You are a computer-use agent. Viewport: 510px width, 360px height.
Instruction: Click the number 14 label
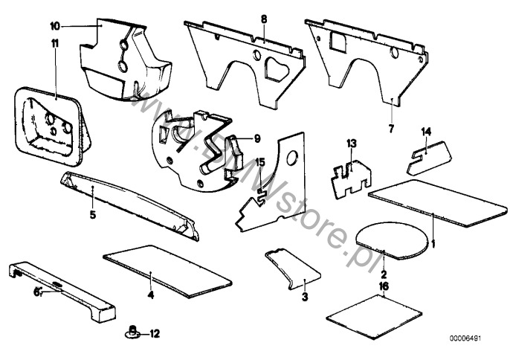coord(426,132)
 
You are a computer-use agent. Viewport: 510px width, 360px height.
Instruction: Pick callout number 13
coord(352,142)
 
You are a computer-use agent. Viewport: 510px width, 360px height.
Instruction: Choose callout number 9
coord(257,138)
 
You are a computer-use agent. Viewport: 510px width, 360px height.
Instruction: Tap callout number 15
coord(259,162)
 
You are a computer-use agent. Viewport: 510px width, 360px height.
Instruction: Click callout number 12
coord(155,333)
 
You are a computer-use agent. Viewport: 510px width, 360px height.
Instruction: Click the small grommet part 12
coord(131,332)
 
